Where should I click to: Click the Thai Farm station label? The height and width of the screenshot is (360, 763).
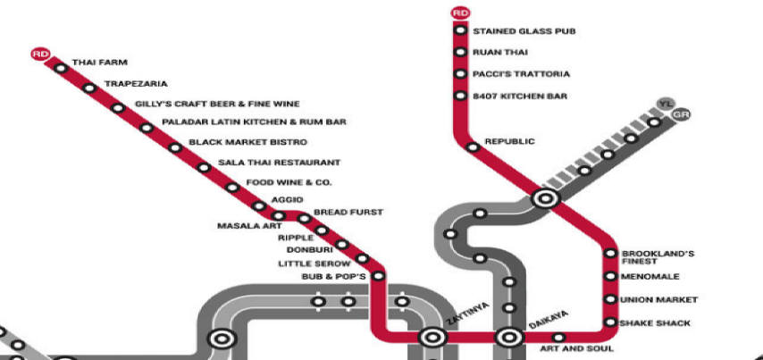click(100, 63)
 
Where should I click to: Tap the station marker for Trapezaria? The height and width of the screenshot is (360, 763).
click(89, 88)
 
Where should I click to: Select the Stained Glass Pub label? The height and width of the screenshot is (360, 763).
click(524, 31)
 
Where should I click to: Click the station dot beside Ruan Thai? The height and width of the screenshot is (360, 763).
click(460, 52)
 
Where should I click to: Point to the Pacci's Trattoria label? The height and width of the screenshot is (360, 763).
click(521, 74)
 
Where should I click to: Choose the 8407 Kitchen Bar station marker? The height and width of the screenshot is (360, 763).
click(460, 96)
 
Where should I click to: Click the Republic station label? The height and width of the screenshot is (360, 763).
click(509, 141)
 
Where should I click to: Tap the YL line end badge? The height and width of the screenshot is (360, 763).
click(664, 104)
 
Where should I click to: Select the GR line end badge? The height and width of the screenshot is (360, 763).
click(680, 115)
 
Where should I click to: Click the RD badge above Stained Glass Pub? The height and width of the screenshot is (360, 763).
click(460, 13)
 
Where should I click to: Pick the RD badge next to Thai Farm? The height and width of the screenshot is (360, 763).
click(40, 54)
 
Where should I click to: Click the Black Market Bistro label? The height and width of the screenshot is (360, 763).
click(247, 142)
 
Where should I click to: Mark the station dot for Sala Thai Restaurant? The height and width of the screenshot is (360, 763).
click(204, 168)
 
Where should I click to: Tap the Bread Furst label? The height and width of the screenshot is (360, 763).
click(348, 212)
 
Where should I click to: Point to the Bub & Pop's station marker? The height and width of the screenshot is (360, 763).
click(378, 276)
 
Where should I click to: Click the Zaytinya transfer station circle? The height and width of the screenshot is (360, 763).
click(432, 337)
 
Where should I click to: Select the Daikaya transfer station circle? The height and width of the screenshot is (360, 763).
click(509, 337)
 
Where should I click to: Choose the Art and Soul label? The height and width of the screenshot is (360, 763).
click(576, 348)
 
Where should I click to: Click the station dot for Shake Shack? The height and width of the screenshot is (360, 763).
click(610, 322)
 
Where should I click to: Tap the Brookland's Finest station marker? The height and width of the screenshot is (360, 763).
click(610, 253)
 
